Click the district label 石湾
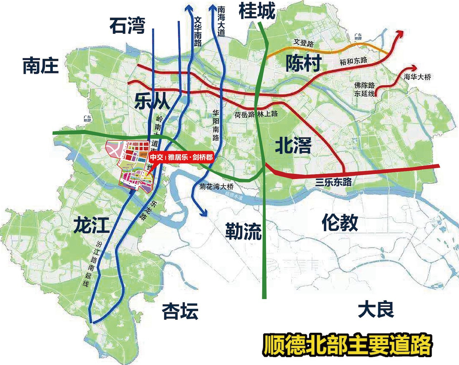(x=127, y=25)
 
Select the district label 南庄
(x=40, y=66)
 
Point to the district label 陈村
(x=303, y=64)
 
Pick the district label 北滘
(x=293, y=145)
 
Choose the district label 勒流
(x=243, y=231)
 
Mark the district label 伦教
(x=340, y=223)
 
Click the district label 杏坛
(x=180, y=311)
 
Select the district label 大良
(x=375, y=310)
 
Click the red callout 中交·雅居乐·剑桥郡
(x=181, y=157)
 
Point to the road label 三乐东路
(x=333, y=182)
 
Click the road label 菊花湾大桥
(x=217, y=186)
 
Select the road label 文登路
(x=304, y=43)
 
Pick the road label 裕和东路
(x=354, y=60)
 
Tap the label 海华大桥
(x=417, y=77)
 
